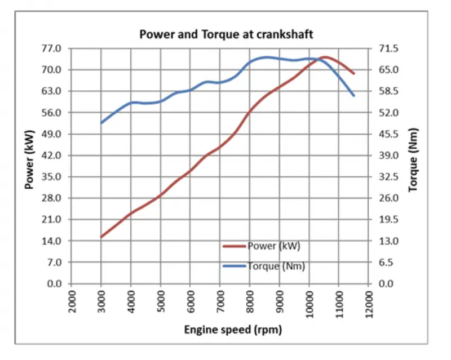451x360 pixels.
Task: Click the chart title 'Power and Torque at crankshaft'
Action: click(x=226, y=34)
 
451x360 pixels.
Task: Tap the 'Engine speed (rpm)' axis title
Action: click(x=233, y=330)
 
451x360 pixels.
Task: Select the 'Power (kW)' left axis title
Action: click(x=29, y=160)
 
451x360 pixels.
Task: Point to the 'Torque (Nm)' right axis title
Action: click(x=413, y=160)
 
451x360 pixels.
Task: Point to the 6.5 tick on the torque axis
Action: click(x=386, y=262)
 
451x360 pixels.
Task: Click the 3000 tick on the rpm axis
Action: click(x=101, y=301)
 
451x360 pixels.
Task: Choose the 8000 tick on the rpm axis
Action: click(x=250, y=301)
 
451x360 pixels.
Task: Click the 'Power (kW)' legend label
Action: click(x=274, y=246)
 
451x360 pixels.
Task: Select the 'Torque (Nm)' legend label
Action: click(x=276, y=266)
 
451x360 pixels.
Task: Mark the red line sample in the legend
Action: click(x=235, y=246)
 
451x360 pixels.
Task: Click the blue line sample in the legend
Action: click(x=235, y=266)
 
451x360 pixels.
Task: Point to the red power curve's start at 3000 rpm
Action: click(x=101, y=237)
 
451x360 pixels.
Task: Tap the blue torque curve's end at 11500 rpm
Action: click(x=354, y=95)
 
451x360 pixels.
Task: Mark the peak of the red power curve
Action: click(x=325, y=57)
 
